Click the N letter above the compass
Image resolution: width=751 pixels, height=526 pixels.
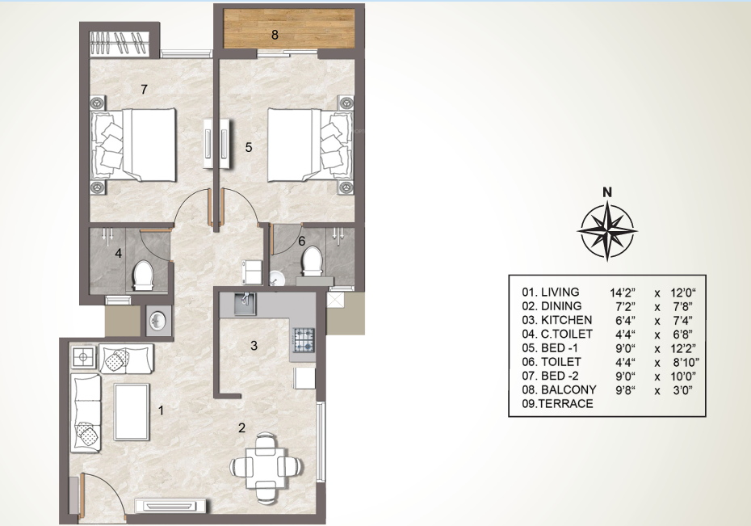coord(607,192)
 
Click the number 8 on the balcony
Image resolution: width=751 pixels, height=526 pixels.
coord(275,35)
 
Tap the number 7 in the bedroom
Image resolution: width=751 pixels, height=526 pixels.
coord(143,88)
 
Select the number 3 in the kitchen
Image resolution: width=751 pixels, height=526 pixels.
coord(254,346)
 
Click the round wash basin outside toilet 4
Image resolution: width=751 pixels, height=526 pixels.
coord(157,321)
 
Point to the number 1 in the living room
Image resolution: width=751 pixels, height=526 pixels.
coord(161,410)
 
